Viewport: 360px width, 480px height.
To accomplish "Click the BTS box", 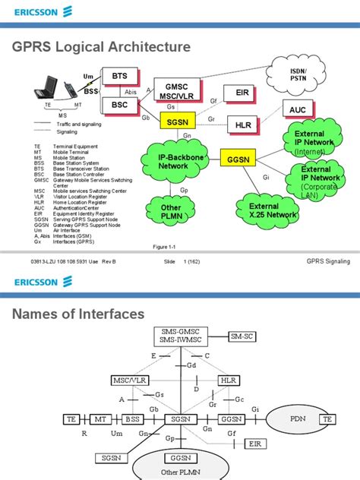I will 120,77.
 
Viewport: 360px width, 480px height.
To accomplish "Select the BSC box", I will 120,104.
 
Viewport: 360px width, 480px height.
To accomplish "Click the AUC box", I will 298,110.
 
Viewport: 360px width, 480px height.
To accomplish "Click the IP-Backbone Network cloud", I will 173,161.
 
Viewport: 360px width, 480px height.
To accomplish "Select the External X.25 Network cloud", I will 264,210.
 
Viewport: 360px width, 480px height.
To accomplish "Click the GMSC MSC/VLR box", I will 176,90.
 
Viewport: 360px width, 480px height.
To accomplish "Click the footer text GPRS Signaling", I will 328,261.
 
